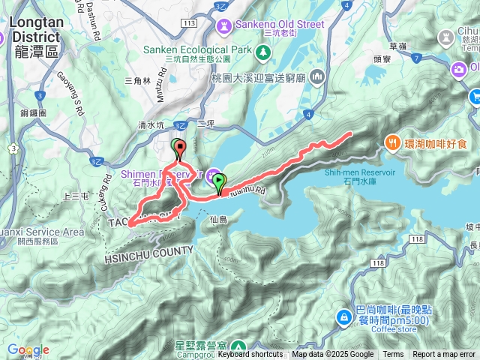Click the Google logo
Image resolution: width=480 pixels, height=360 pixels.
(28, 350)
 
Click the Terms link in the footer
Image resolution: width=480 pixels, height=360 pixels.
(393, 355)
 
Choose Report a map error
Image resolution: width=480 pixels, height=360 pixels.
(443, 355)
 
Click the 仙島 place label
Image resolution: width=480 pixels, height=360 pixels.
(219, 220)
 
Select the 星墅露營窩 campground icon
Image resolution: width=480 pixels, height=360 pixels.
(238, 346)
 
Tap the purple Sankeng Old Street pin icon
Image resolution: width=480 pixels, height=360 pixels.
(223, 25)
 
